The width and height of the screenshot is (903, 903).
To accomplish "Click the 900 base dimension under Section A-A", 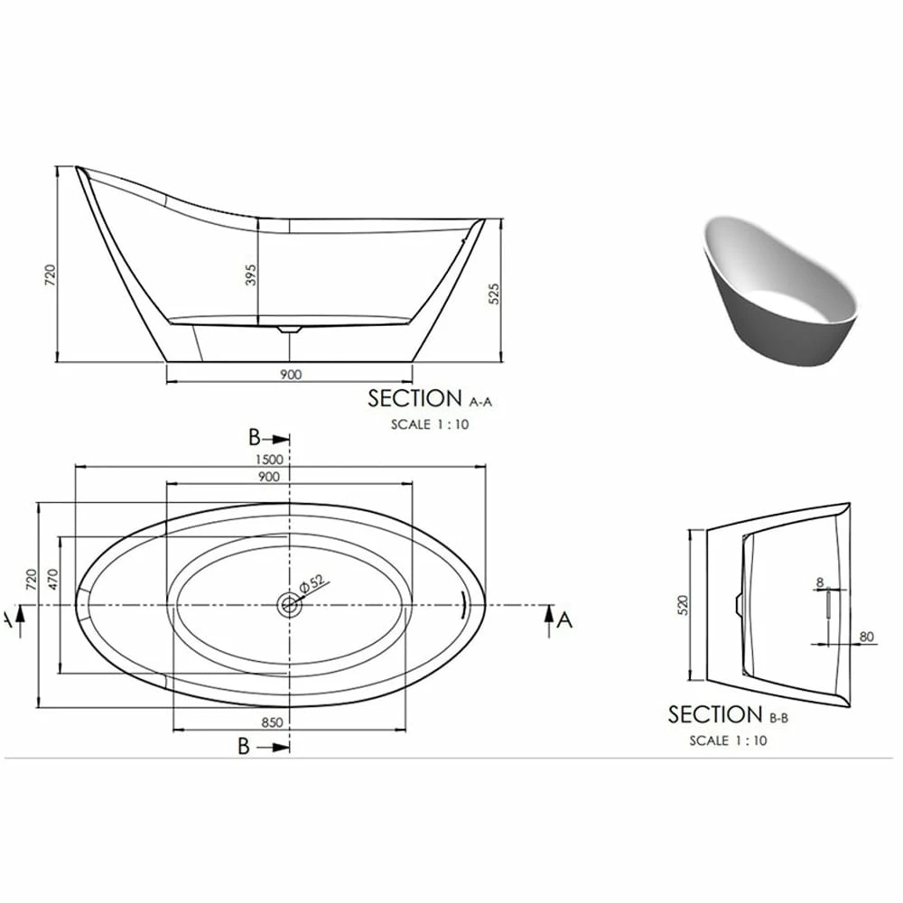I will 290,374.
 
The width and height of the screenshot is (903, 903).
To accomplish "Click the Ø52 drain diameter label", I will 312,583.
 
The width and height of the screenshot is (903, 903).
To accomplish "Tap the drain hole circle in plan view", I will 289,604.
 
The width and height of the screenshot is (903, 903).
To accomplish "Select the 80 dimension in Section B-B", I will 867,637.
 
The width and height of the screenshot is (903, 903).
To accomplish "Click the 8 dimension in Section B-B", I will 819,583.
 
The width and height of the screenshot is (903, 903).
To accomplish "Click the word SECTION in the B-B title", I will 715,715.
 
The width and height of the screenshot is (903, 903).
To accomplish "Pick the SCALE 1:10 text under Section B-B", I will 728,740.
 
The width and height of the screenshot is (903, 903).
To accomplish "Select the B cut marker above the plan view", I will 256,439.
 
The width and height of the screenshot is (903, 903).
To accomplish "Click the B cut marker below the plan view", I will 244,746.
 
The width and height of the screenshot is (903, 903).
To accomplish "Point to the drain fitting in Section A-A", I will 288,330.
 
